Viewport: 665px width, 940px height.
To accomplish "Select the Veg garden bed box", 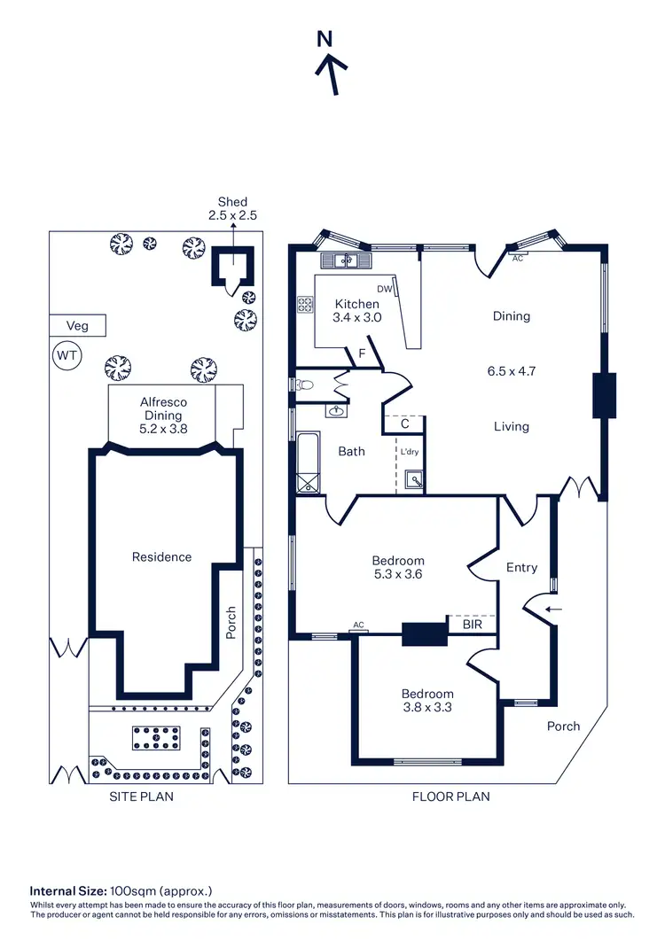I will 77,326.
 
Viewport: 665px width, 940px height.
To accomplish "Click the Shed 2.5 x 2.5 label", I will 232,208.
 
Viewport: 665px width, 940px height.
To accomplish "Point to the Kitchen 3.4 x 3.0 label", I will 356,310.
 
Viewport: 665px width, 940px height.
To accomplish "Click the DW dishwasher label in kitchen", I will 385,289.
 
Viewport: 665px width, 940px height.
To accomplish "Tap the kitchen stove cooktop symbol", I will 306,305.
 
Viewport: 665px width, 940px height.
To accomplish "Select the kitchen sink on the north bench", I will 345,260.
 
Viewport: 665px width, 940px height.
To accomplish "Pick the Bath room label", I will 351,451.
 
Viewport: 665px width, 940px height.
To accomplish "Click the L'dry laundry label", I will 409,453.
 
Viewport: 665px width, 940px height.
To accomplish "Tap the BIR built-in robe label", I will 473,625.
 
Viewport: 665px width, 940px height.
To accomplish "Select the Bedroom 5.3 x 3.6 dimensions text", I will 397,574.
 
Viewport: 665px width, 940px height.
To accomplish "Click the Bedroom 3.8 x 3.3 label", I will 427,700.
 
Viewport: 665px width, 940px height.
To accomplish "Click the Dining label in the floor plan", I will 512,316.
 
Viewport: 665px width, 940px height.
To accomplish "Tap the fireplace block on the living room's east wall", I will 604,394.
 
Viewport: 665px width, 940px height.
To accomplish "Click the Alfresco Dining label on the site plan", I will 160,415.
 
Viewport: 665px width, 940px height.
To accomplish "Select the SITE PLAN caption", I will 141,796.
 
